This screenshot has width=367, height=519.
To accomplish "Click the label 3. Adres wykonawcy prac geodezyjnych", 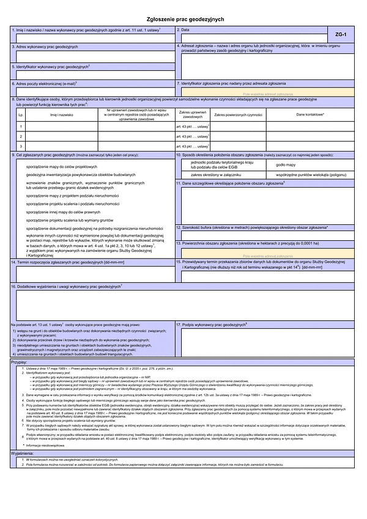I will coord(46,46).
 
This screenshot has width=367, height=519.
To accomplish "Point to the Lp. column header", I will coord(21,114).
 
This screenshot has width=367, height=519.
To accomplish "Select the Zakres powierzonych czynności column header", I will coord(238,114).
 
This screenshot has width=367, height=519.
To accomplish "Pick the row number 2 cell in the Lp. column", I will coord(21,136).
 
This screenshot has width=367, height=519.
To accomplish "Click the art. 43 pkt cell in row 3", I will coord(192,146).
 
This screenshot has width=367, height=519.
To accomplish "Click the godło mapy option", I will coord(286,164).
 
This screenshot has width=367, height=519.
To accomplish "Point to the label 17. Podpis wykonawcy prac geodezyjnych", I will coord(212,325).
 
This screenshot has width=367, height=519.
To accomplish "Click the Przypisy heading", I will coord(20,362).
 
